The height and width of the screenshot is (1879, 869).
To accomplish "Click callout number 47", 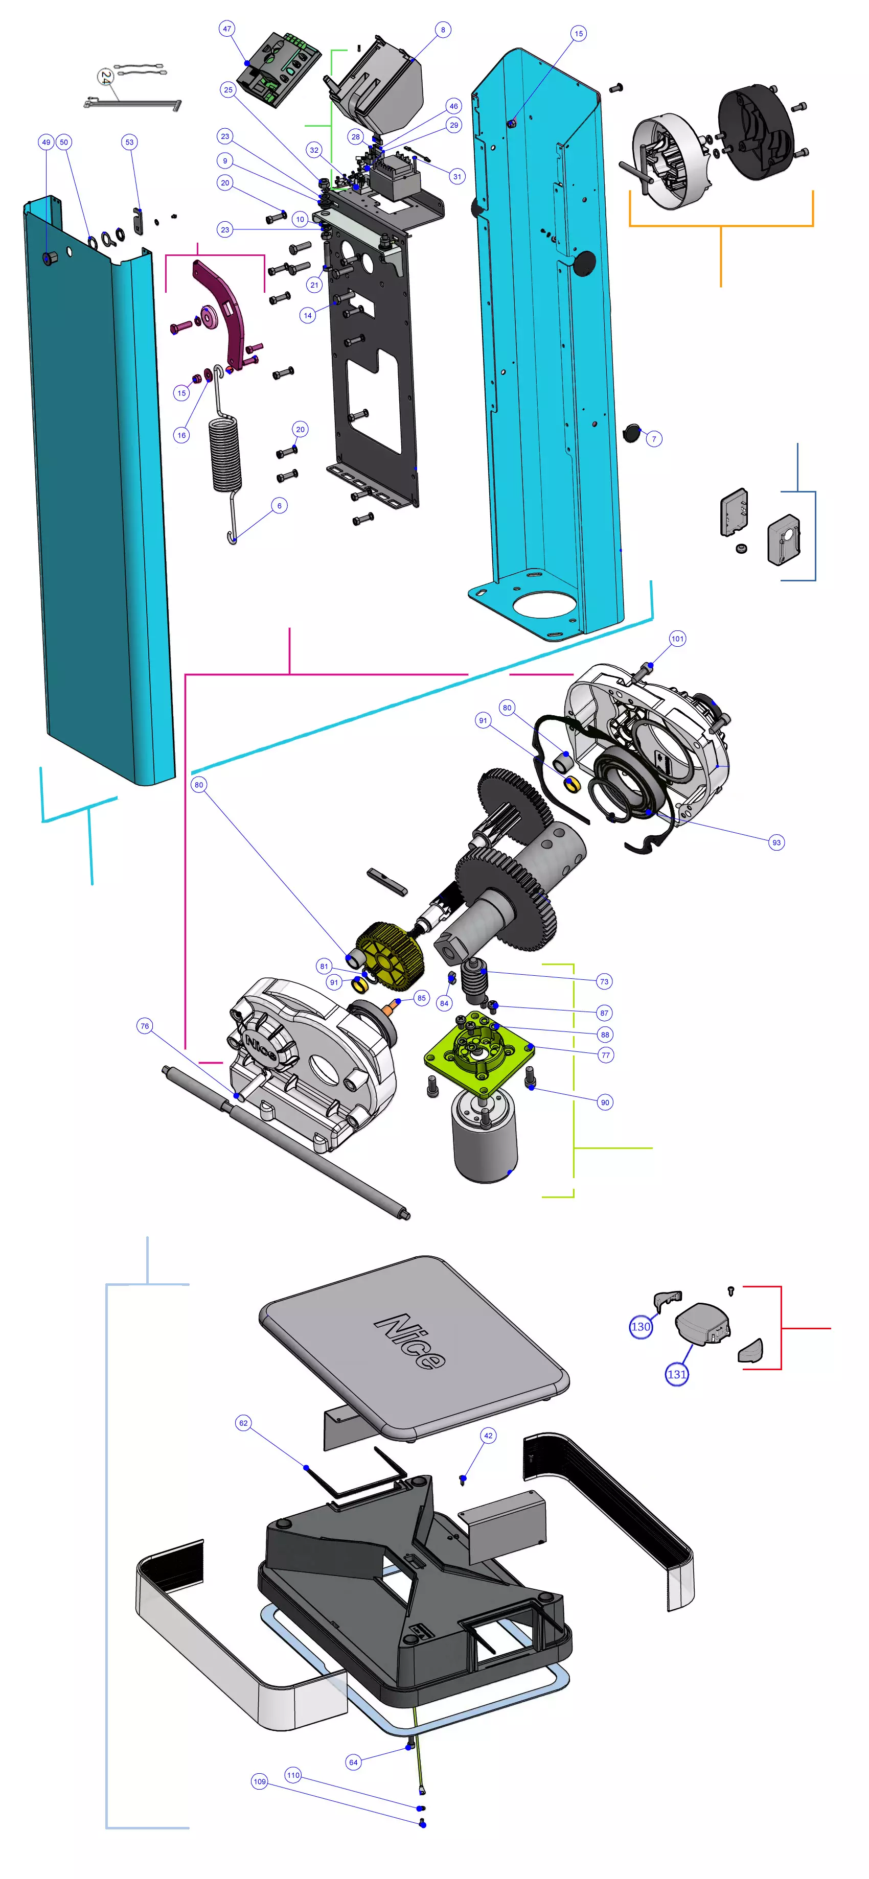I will (x=227, y=29).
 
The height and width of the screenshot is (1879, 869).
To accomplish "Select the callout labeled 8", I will (x=443, y=30).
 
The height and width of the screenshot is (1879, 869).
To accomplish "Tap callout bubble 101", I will (x=677, y=639).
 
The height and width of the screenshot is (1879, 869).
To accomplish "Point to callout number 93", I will (x=776, y=842).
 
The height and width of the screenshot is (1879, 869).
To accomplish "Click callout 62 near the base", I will (x=244, y=1423).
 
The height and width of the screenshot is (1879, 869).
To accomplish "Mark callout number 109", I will (x=260, y=1781).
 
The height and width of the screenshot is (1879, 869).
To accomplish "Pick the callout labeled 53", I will (x=130, y=142).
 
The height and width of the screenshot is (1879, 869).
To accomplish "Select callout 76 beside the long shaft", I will (x=145, y=1026).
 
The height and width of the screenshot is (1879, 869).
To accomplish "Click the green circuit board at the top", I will (x=281, y=69).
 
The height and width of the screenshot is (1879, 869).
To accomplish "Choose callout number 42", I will (x=488, y=1436).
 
